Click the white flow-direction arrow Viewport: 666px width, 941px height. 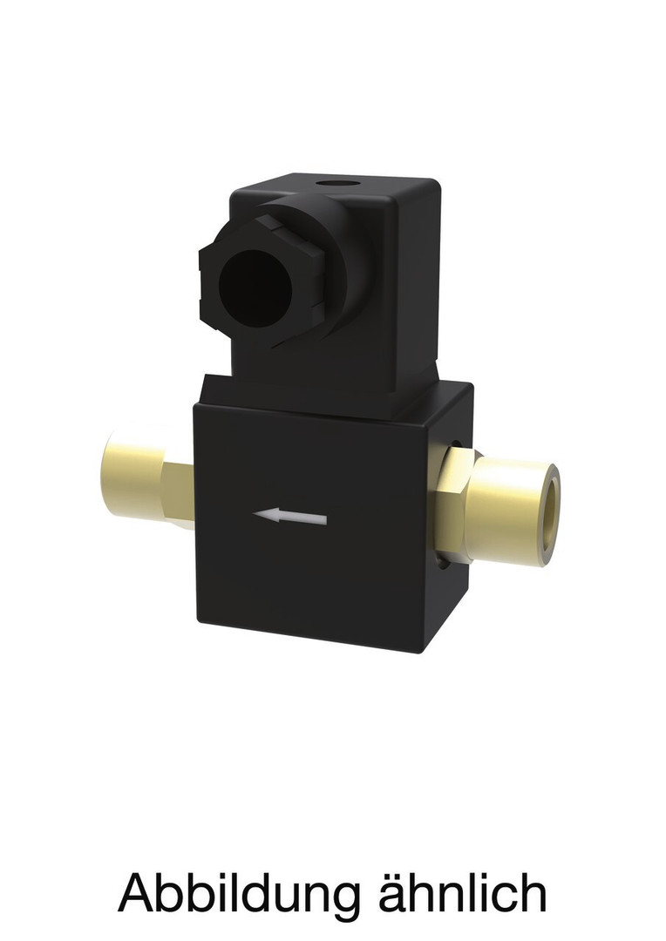290,517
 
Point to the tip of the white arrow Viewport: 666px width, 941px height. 254,514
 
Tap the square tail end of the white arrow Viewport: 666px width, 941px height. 325,519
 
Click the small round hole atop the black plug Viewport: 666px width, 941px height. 336,182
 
